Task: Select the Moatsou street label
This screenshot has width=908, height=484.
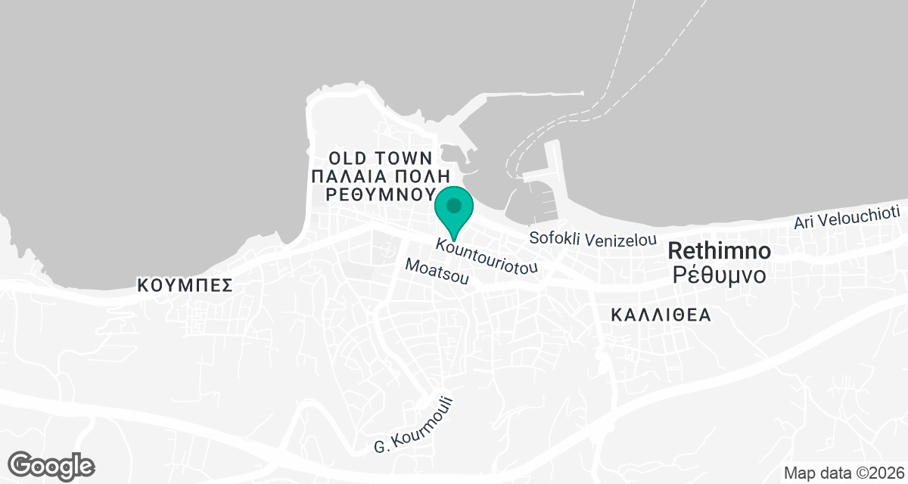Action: [437, 271]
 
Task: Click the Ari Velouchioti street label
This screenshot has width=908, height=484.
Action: [846, 218]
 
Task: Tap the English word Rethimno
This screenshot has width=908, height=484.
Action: [720, 251]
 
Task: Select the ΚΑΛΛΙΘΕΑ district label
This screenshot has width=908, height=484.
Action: [661, 315]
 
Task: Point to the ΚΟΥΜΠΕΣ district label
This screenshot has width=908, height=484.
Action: [184, 285]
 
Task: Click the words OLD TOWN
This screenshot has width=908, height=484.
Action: [381, 158]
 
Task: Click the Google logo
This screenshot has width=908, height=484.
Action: [52, 465]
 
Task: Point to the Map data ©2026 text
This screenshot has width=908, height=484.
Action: [843, 473]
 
